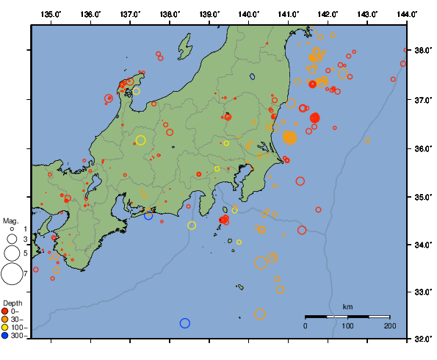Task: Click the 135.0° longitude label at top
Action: pyautogui.click(x=51, y=14)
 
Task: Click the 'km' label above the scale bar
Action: pyautogui.click(x=347, y=306)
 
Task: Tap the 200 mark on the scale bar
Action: pyautogui.click(x=389, y=325)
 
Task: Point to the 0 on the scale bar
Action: pyautogui.click(x=306, y=325)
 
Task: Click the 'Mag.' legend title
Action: pyautogui.click(x=10, y=220)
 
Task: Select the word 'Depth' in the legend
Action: pyautogui.click(x=12, y=303)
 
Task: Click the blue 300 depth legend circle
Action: pyautogui.click(x=6, y=335)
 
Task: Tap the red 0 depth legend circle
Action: pyautogui.click(x=6, y=311)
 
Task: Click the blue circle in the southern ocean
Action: pyautogui.click(x=184, y=323)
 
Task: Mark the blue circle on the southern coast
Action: pyautogui.click(x=148, y=215)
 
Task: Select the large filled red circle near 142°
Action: pyautogui.click(x=315, y=118)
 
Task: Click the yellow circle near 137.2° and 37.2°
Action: pyautogui.click(x=137, y=92)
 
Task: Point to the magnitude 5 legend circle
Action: pyautogui.click(x=11, y=253)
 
